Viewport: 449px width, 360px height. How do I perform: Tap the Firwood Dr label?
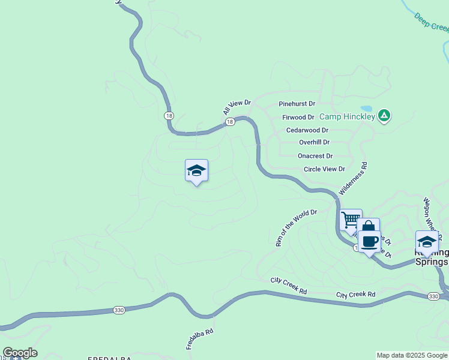298,118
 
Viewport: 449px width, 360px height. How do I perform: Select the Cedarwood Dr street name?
307,130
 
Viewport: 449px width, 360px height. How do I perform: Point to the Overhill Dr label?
315,142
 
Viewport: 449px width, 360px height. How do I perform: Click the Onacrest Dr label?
315,155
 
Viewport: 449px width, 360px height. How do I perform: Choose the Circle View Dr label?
324,169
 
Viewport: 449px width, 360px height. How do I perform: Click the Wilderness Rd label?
353,178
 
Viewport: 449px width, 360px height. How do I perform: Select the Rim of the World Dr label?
295,228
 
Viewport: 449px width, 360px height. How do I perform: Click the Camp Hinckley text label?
347,116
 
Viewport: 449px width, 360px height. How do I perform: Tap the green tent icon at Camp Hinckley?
385,116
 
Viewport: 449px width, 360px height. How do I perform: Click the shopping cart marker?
351,219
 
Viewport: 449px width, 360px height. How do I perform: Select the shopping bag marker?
368,229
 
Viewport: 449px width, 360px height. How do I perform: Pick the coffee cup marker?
370,241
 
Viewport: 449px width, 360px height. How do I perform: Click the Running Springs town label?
432,257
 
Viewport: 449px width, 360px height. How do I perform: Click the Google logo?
20,353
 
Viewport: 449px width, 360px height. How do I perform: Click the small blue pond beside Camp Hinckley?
366,110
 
